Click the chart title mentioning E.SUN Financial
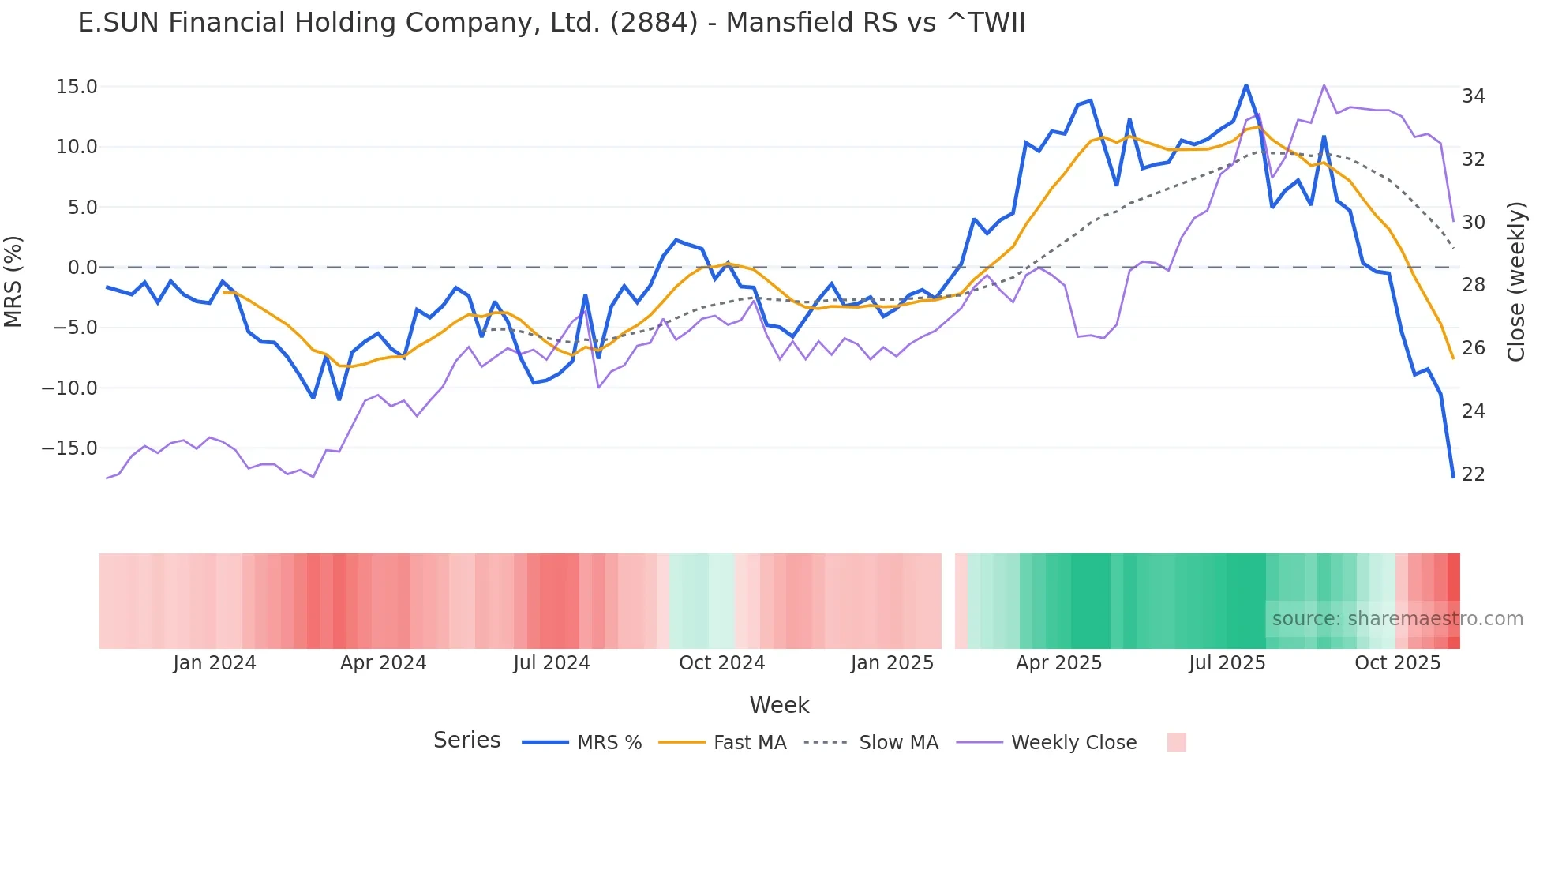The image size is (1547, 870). (x=551, y=23)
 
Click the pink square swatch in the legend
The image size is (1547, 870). (x=1176, y=742)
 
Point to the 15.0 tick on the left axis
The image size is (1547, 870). (x=77, y=87)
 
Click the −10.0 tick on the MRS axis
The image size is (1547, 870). (x=69, y=388)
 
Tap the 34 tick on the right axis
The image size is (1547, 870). (x=1473, y=96)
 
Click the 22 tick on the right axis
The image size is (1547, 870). (x=1473, y=474)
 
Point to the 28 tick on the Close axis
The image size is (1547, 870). (x=1473, y=285)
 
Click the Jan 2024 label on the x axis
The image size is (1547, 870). (x=215, y=663)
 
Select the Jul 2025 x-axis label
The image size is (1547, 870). (x=1227, y=663)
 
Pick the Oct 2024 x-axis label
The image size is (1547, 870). (x=721, y=663)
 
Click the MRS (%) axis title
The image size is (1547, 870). (x=13, y=281)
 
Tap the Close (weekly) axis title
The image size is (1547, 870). (x=1515, y=282)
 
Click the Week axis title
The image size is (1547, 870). (x=779, y=705)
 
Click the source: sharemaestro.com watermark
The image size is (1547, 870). (x=1397, y=619)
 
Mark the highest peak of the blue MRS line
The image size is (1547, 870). (x=1245, y=85)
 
